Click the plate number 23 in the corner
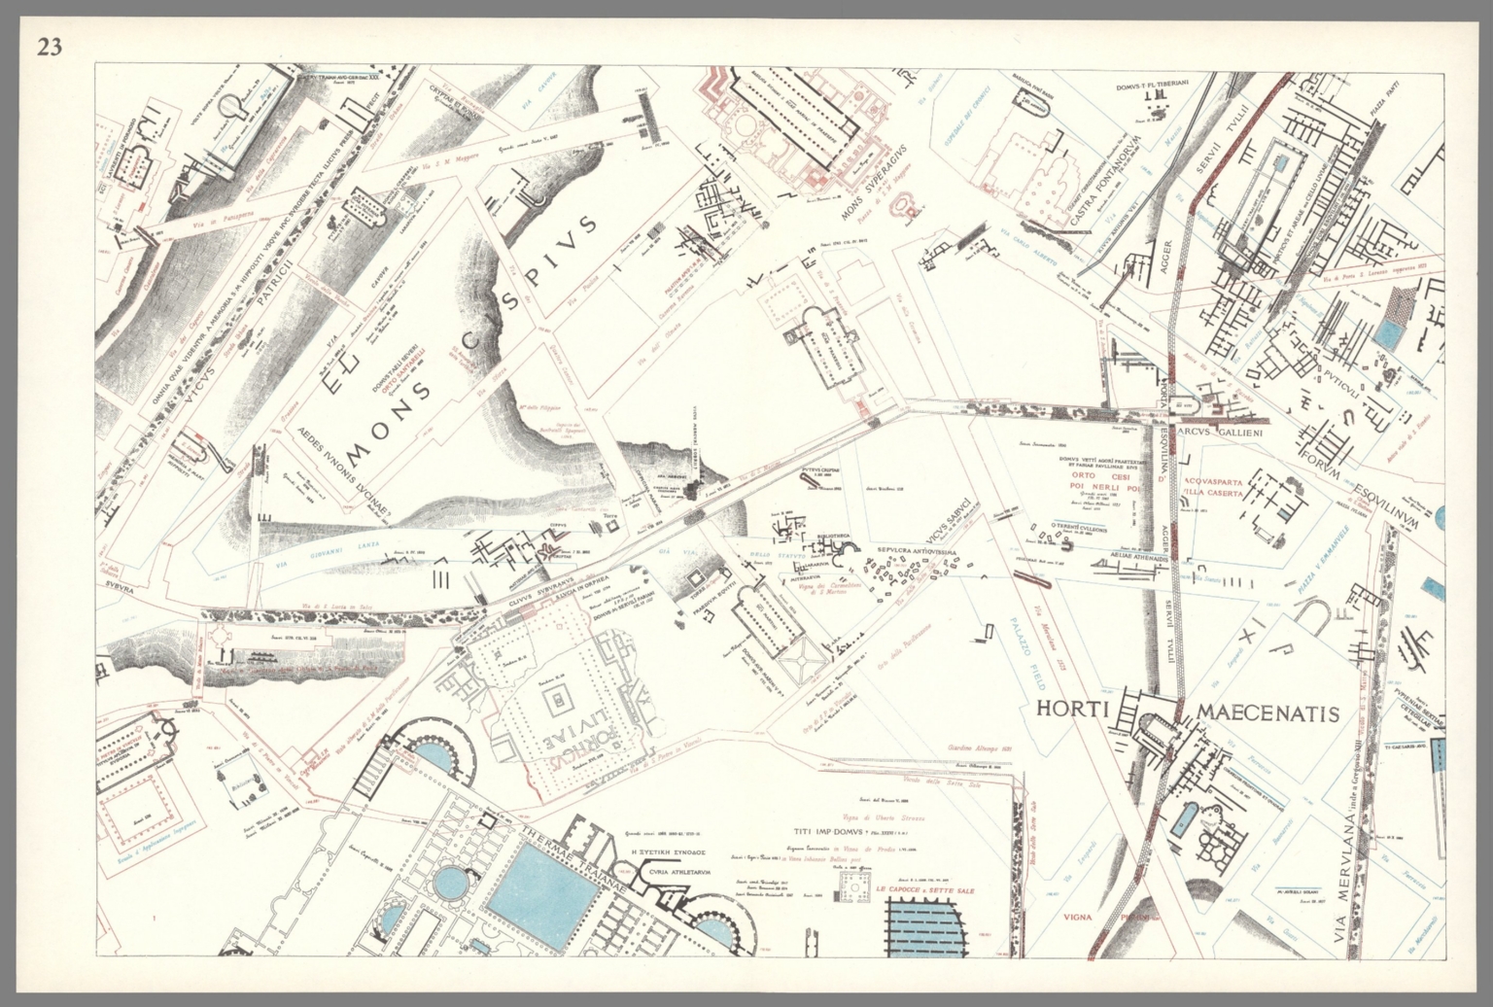pyautogui.click(x=49, y=46)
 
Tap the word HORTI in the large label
pyautogui.click(x=1073, y=709)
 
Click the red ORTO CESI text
pyautogui.click(x=1105, y=475)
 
